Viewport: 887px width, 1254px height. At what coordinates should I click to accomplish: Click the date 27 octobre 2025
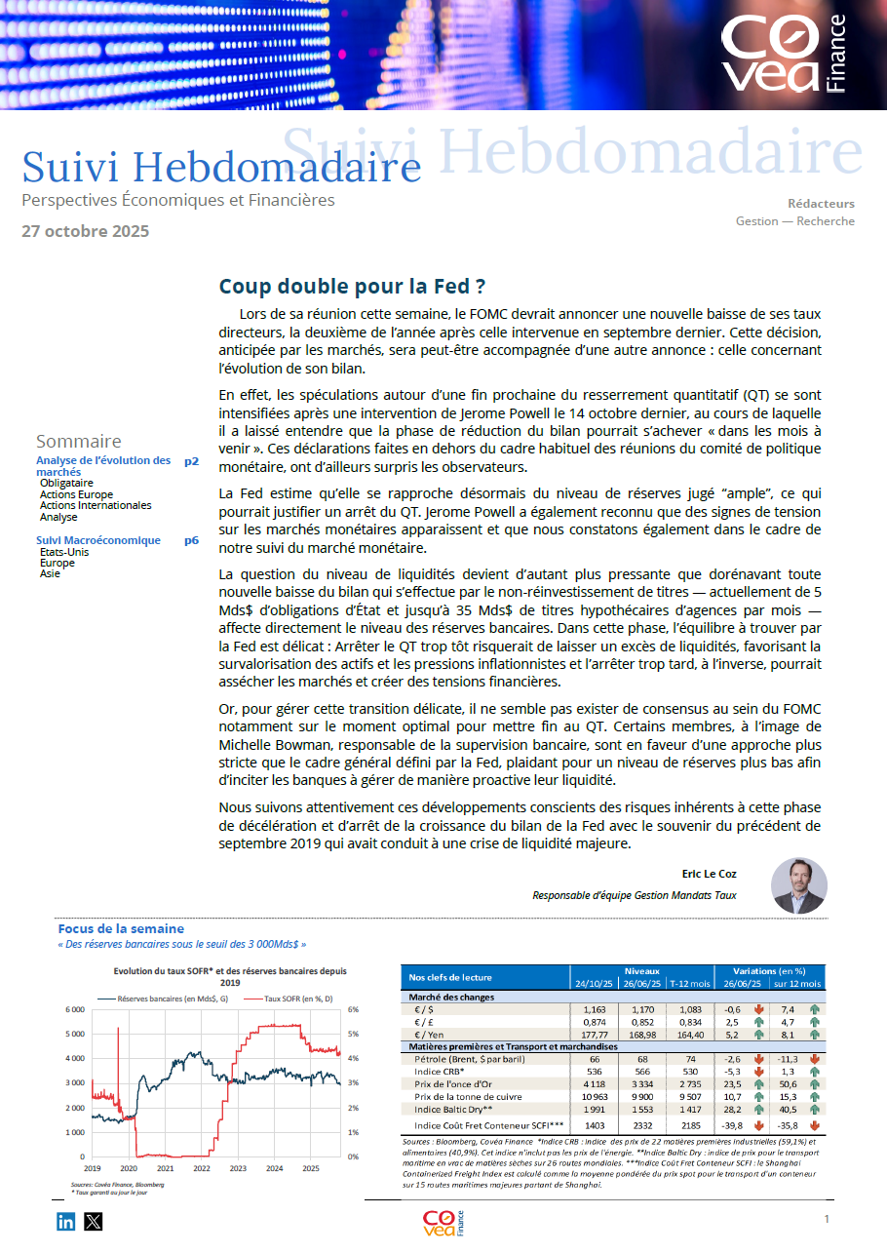86,231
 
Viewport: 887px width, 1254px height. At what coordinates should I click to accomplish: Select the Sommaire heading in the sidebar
79,442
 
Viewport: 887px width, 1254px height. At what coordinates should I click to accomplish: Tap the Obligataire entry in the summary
66,483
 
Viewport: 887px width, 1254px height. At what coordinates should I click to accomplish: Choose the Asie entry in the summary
50,573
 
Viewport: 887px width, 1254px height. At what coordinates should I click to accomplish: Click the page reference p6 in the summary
191,540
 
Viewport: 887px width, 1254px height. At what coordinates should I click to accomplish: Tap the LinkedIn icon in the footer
65,1221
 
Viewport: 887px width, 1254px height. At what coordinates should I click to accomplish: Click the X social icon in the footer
93,1221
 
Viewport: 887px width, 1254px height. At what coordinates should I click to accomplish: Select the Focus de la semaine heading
121,929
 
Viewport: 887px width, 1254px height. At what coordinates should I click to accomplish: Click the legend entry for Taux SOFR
298,999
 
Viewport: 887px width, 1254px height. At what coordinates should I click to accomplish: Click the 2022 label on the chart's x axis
202,1167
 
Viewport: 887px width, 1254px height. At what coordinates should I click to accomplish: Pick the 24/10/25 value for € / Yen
595,1034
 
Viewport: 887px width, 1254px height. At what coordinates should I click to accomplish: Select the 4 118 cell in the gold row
595,1083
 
